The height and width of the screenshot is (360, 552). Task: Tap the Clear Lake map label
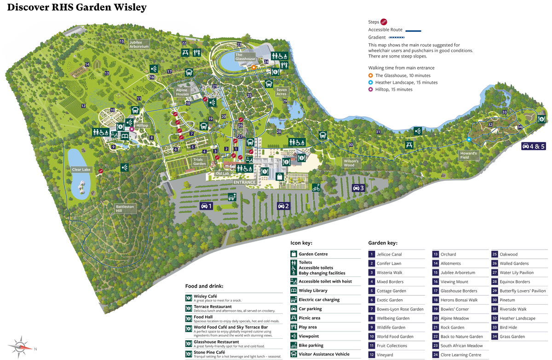81,169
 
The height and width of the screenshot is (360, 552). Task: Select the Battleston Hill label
125,209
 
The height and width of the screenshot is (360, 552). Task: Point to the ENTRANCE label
244,182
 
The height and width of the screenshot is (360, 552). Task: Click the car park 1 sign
207,206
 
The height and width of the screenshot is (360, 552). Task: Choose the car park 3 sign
358,188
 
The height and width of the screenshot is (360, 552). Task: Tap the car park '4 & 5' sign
533,146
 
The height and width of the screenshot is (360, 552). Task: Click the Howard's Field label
469,155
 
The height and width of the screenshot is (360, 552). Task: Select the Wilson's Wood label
349,163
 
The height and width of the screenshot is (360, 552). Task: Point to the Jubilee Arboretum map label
139,44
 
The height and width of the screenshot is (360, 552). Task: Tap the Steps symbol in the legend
384,22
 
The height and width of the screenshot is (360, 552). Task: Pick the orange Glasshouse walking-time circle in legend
370,75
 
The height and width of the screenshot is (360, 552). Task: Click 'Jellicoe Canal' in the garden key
389,254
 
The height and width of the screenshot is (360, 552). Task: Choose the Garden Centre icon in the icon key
293,254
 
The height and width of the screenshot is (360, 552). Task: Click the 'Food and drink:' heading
204,286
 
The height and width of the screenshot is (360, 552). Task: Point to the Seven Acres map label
281,92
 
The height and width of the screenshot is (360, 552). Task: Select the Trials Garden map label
199,162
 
